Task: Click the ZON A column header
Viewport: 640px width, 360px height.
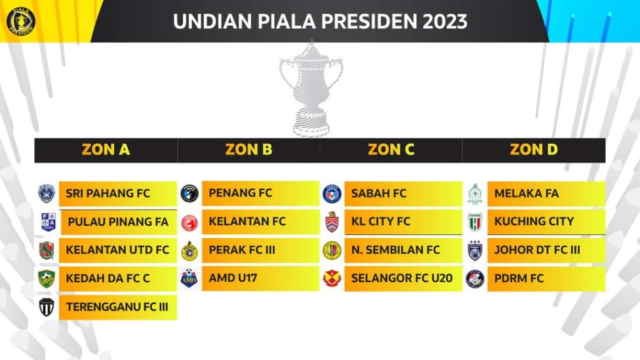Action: [106, 150]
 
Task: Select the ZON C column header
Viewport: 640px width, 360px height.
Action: [391, 150]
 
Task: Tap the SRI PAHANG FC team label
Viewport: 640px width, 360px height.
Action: [107, 193]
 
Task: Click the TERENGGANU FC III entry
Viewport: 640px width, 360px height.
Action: [117, 307]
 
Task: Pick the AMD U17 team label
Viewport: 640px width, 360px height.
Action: [233, 278]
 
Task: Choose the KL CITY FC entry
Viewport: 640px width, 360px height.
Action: [381, 221]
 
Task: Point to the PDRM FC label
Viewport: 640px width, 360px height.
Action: [519, 278]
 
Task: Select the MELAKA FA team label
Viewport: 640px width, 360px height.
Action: [526, 193]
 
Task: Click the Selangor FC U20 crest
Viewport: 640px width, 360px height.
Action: [332, 278]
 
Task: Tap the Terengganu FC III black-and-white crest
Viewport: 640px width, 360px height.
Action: [46, 307]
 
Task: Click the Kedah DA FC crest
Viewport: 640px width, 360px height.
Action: [46, 279]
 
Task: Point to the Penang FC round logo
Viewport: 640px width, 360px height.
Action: [189, 193]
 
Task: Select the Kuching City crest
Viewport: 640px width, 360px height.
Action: [475, 222]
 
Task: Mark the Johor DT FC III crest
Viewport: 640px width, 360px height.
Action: [475, 250]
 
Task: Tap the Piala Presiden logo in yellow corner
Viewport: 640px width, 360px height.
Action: [21, 20]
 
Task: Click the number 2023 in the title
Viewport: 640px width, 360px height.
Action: [445, 22]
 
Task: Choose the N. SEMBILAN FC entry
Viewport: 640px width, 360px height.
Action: [396, 250]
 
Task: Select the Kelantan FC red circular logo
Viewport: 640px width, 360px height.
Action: [189, 223]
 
